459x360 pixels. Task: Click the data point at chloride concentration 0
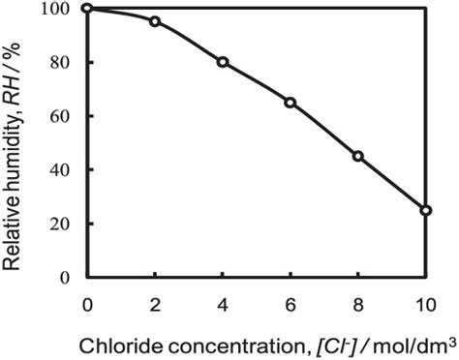[87, 9]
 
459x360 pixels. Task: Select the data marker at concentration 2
[155, 21]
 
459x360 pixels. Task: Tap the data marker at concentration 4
[223, 62]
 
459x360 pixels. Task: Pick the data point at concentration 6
[290, 102]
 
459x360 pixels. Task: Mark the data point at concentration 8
[358, 156]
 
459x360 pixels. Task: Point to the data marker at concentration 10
[426, 210]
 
